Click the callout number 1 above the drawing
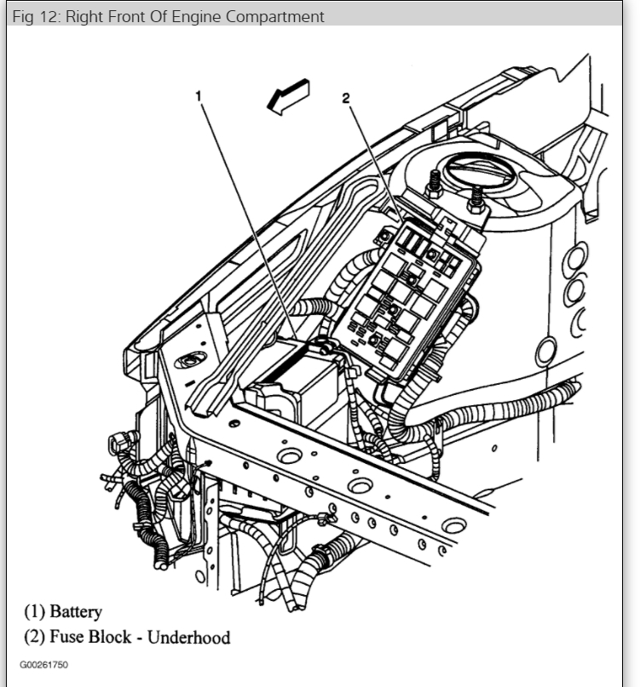(x=199, y=96)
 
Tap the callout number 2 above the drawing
(x=346, y=98)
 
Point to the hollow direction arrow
(x=288, y=95)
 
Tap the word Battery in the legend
(x=76, y=611)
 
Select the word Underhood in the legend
(x=189, y=637)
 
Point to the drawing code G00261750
(x=43, y=665)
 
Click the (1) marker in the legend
(x=33, y=611)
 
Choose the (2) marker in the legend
(x=33, y=637)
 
